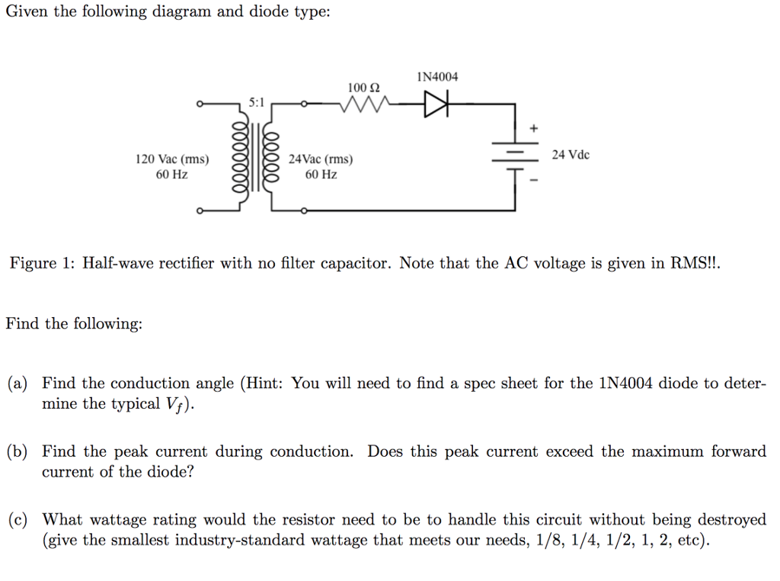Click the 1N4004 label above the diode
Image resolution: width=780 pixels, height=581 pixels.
point(438,77)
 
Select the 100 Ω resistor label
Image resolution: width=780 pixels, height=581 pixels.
point(363,87)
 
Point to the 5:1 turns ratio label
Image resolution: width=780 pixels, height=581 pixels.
point(257,101)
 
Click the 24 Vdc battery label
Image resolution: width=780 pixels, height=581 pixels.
point(571,155)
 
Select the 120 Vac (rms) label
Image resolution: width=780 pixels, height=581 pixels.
point(171,159)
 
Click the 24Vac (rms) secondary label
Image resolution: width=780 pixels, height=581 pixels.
point(321,159)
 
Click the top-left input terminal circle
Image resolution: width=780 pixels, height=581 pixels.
point(200,104)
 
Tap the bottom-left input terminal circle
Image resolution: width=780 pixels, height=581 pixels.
point(200,211)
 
